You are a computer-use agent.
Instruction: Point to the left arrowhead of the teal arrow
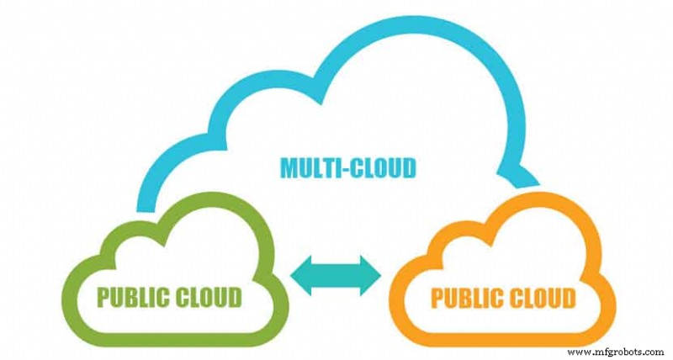point(299,277)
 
